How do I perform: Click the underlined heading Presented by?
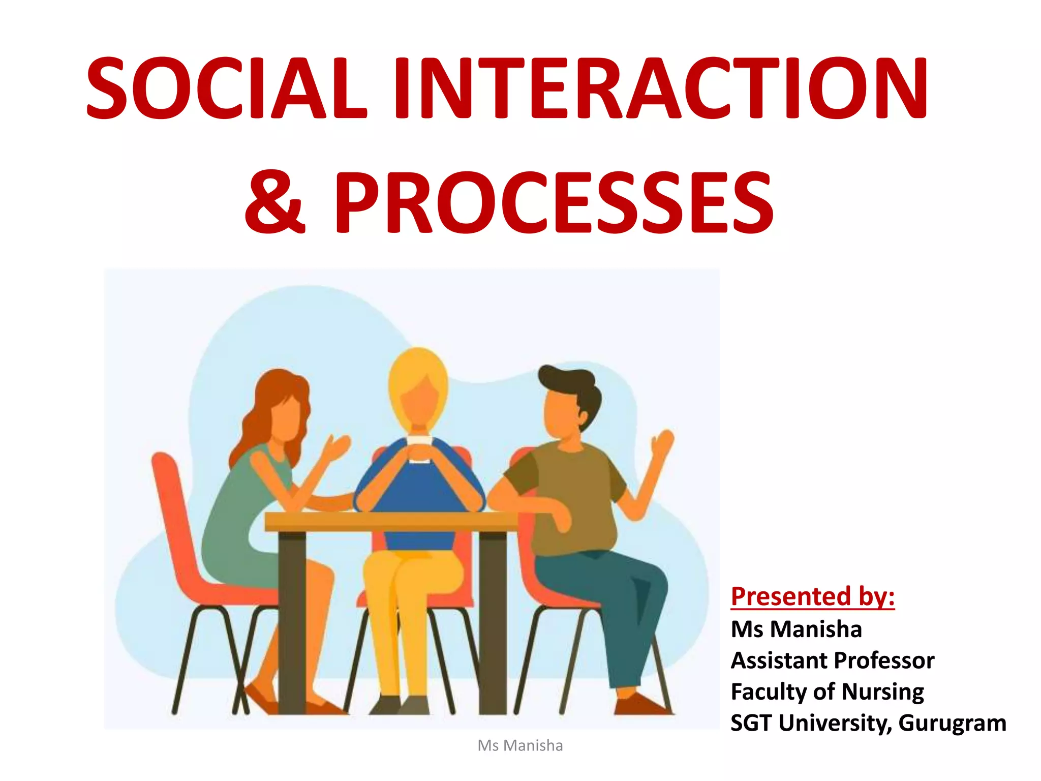click(812, 596)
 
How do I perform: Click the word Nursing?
click(882, 692)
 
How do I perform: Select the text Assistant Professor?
click(832, 660)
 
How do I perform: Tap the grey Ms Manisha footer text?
click(520, 745)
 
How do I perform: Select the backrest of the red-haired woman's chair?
click(170, 508)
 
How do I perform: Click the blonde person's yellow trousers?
click(402, 610)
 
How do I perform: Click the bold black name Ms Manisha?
click(796, 629)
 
